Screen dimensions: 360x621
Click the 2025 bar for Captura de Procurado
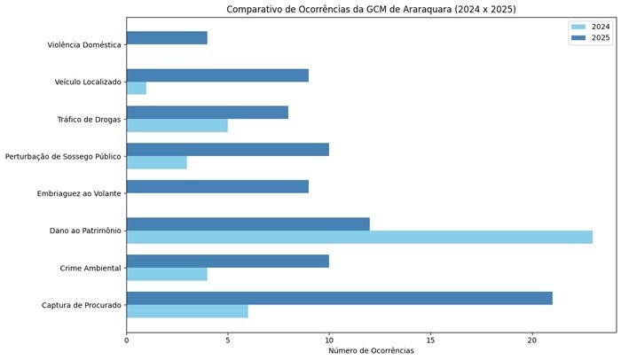tap(339, 298)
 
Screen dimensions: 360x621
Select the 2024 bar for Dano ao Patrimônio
tap(359, 237)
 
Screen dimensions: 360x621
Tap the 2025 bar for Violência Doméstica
tap(167, 38)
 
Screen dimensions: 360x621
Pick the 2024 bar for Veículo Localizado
tap(137, 89)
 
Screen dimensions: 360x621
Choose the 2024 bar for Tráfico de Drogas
tap(177, 125)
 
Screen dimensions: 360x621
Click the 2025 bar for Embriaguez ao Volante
tap(217, 187)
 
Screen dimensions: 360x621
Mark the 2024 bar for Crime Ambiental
tap(167, 274)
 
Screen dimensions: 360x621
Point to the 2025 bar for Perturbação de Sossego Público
tap(228, 150)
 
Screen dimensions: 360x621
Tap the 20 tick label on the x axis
tap(532, 338)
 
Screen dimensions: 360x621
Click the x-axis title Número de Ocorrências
tap(371, 351)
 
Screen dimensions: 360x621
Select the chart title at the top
tap(371, 10)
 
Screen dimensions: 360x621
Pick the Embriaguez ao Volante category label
tap(79, 193)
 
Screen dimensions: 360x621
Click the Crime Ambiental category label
tap(90, 268)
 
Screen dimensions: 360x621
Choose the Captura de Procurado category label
tap(82, 305)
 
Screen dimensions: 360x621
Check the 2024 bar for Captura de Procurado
tap(187, 311)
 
